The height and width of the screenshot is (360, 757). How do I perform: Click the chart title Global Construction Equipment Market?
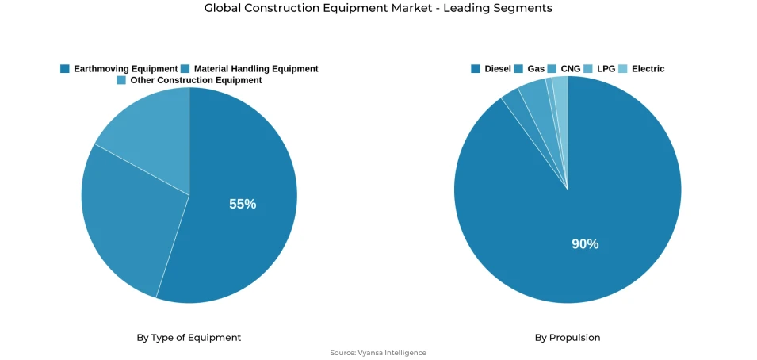coord(378,8)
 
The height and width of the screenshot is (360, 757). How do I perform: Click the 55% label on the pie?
coord(243,204)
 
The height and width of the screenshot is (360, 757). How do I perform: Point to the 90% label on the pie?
coord(585,244)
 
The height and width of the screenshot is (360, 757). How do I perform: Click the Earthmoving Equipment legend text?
coord(125,69)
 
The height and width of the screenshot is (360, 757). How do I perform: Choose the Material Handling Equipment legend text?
coord(256,69)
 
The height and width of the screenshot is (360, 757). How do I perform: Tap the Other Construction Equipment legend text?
coord(196,80)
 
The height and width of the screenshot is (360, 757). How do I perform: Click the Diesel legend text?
coord(498,69)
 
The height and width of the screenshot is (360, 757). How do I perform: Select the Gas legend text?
coord(536,69)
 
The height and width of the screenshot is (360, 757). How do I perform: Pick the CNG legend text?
coord(570,69)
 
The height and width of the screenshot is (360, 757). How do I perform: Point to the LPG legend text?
coord(606,69)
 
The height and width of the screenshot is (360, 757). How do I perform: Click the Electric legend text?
coord(648,69)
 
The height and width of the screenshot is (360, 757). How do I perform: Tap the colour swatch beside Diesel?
coord(476,69)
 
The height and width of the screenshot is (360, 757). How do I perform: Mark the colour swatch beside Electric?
coord(623,69)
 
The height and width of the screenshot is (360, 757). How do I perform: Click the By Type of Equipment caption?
coord(189,338)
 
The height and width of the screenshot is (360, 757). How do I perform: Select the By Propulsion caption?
coord(568,338)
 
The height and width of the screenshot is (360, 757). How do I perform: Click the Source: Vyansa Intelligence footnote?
coord(378,353)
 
